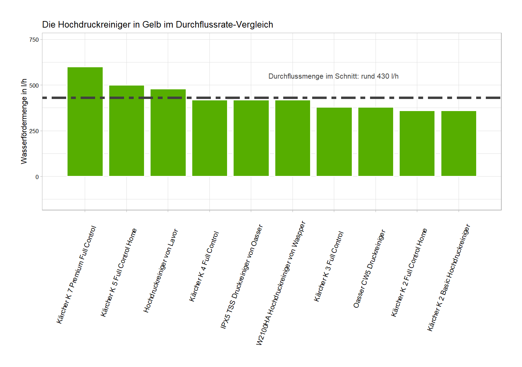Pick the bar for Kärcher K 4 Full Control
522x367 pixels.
[x=209, y=138]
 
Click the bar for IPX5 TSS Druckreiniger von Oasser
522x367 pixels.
[x=251, y=138]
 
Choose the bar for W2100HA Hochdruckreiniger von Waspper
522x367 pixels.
[x=293, y=138]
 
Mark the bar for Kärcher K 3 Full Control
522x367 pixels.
[x=334, y=142]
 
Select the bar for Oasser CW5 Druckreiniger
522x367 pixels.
[x=376, y=142]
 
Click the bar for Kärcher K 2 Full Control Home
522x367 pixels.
[x=417, y=143]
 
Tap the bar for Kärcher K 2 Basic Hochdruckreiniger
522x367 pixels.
[x=459, y=143]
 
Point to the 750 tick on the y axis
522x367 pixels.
[x=34, y=40]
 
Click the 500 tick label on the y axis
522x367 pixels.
[x=34, y=86]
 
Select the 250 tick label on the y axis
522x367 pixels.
[x=34, y=131]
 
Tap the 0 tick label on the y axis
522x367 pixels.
[x=37, y=177]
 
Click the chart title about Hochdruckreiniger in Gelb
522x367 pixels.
[x=157, y=25]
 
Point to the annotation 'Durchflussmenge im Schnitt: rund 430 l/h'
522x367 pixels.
[x=333, y=76]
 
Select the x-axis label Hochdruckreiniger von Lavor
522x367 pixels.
[x=161, y=271]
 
